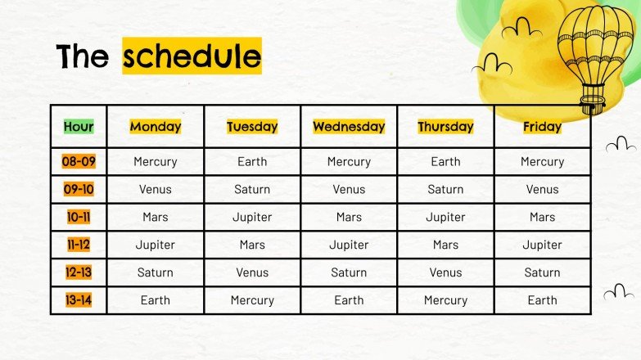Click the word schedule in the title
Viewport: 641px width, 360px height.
[x=192, y=56]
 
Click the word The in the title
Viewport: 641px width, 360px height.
[x=83, y=56]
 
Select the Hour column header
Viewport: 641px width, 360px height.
[x=79, y=127]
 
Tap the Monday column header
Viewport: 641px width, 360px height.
[x=156, y=127]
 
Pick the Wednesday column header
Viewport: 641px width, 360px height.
[x=349, y=127]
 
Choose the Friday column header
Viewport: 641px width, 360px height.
[x=542, y=127]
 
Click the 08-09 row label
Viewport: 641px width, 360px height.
[x=79, y=162]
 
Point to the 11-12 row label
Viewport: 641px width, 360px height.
[x=79, y=245]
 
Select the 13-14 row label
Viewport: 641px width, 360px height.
[x=79, y=300]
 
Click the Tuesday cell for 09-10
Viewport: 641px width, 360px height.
[x=252, y=190]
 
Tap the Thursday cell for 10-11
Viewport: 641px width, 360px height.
[x=445, y=218]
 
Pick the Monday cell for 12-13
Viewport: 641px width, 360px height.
[x=156, y=272]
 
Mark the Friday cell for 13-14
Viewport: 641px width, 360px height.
[x=542, y=300]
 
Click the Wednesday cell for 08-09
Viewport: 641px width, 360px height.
[x=349, y=162]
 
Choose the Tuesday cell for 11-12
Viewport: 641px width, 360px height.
[x=252, y=245]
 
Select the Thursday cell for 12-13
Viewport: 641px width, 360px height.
[x=445, y=272]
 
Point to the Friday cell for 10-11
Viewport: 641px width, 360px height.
[x=542, y=218]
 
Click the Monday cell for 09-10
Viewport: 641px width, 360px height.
[x=156, y=190]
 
